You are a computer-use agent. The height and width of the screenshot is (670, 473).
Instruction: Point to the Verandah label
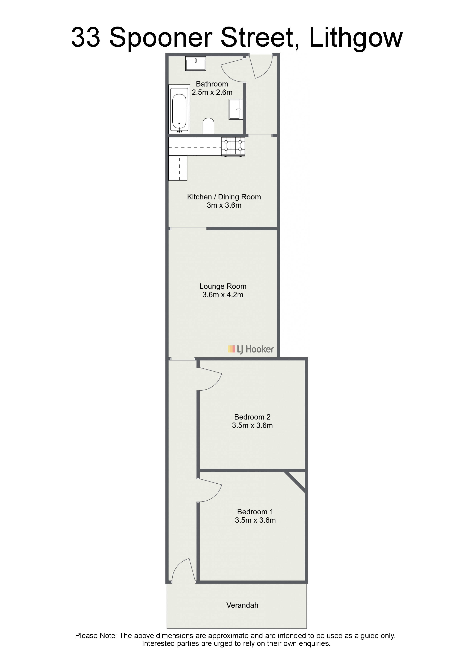[x=242, y=605]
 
